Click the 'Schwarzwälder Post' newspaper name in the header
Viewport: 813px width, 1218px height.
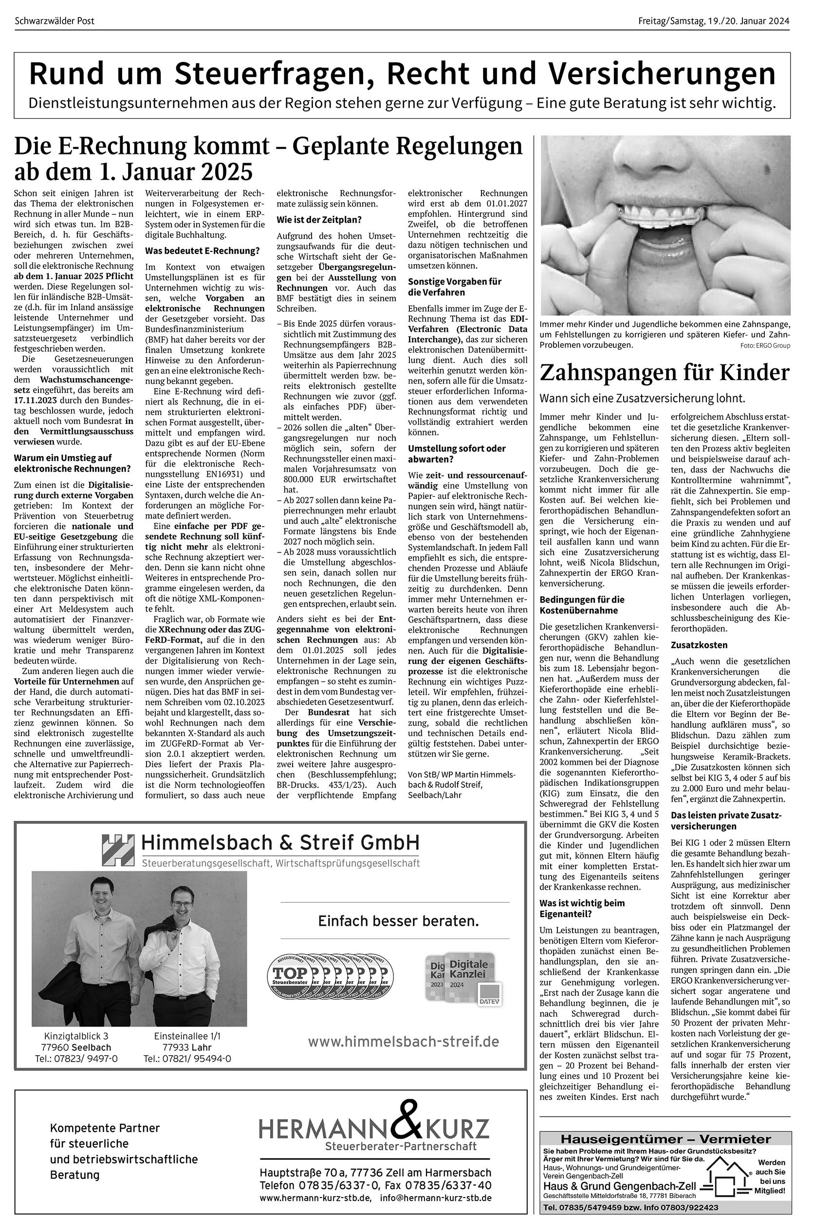pos(55,21)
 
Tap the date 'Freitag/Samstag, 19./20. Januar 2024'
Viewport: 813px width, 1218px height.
pos(714,21)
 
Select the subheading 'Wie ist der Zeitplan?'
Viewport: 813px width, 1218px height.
pos(319,220)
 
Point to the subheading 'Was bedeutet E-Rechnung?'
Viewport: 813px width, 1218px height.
pos(202,251)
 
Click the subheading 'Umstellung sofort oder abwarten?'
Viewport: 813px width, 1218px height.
pos(457,454)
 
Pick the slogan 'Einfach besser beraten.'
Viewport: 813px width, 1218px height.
pos(398,921)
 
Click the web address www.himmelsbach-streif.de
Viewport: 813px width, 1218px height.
pos(403,1041)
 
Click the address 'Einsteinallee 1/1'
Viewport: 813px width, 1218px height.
pos(188,1036)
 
